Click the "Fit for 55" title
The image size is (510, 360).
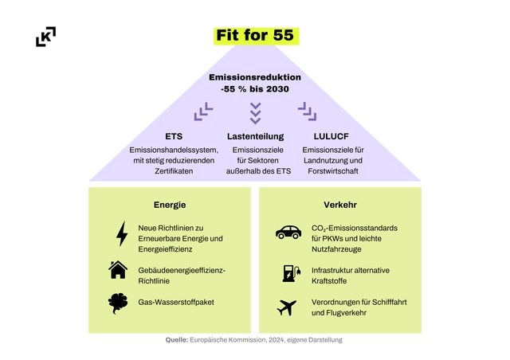pos(255,35)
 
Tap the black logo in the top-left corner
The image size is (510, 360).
pos(46,37)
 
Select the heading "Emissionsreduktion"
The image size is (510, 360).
pos(255,77)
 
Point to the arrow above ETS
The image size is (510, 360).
pos(203,112)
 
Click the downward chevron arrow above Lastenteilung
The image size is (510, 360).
pos(255,112)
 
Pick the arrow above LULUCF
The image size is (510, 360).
pos(307,112)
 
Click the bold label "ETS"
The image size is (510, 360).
pos(174,136)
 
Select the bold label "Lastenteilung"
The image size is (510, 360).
pos(255,136)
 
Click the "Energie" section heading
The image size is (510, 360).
pos(169,205)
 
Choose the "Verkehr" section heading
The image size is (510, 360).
pos(339,205)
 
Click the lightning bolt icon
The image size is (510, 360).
pos(122,233)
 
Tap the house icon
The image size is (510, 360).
pos(118,270)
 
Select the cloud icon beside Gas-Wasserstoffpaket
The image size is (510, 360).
pos(118,303)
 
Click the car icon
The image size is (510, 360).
pos(288,233)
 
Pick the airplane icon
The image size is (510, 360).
pos(287,307)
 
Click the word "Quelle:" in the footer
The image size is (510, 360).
pos(176,340)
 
